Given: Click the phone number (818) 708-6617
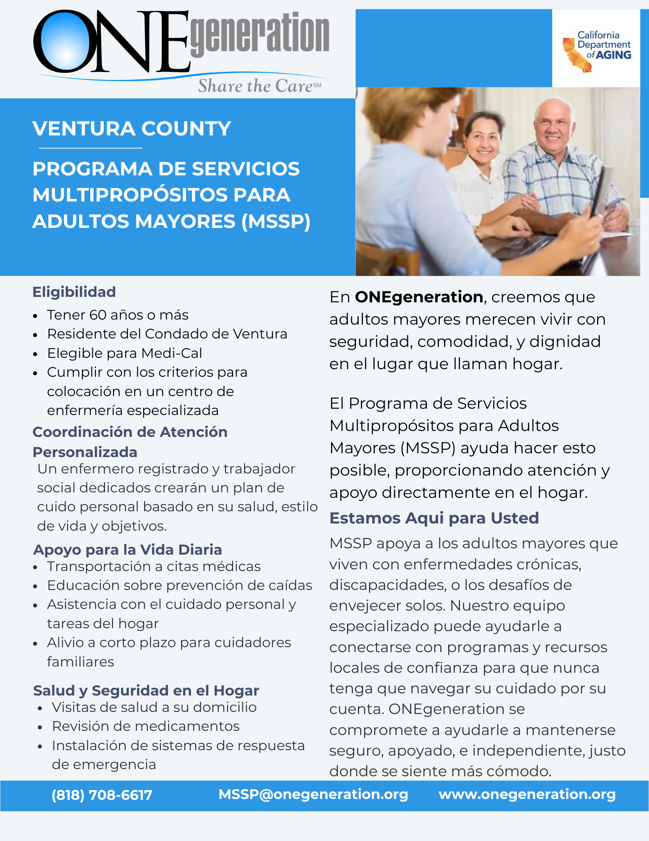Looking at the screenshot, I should pos(102,795).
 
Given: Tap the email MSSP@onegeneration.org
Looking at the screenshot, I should pos(313,794).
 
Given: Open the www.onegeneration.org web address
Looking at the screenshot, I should pos(527,794).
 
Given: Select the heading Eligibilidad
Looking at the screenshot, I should pos(74,292).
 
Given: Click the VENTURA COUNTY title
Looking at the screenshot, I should pos(131,129).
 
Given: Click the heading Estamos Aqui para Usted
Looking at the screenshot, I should pos(434,518).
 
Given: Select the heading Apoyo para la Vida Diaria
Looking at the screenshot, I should pos(127,550).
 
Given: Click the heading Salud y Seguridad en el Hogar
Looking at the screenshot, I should pos(146,690).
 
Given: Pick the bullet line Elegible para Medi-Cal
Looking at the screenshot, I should pos(124,353).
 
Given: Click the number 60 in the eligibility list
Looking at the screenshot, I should pos(99,315).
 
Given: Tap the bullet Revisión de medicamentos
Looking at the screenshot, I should pos(145,726).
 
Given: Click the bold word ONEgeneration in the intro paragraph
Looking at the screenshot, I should pos(419,297).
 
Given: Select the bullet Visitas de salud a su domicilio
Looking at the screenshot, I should pos(154,707).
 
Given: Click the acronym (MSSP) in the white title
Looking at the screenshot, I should pos(276,222).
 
